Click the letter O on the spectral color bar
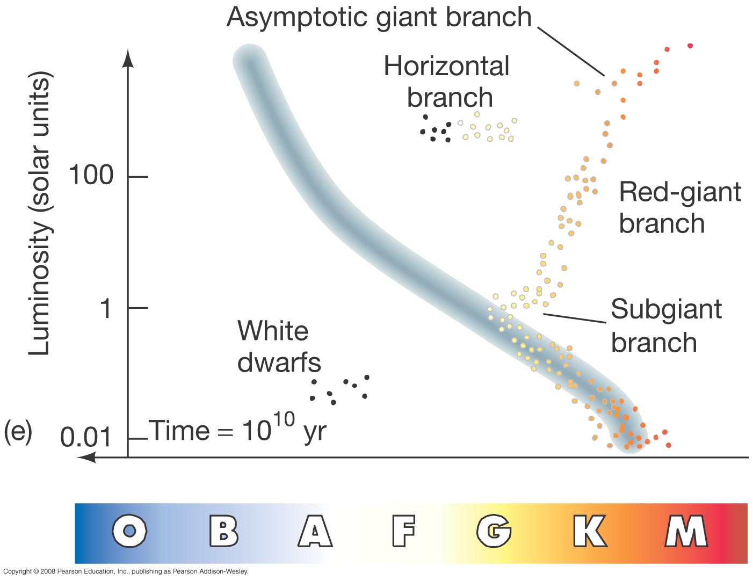[x=129, y=531]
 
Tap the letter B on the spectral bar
[x=224, y=531]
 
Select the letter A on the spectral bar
[x=315, y=531]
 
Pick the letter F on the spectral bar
[x=403, y=531]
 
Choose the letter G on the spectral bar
[x=494, y=531]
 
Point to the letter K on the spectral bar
[x=590, y=531]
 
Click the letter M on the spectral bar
[x=686, y=531]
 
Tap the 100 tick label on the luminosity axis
[x=91, y=175]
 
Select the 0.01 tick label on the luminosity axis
[x=85, y=437]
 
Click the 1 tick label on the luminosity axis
[x=105, y=308]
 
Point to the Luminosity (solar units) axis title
[x=40, y=213]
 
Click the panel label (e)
[x=18, y=432]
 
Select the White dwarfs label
[x=279, y=346]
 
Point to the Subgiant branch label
[x=666, y=325]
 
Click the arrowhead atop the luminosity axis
[x=128, y=58]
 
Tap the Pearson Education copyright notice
[x=126, y=571]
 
